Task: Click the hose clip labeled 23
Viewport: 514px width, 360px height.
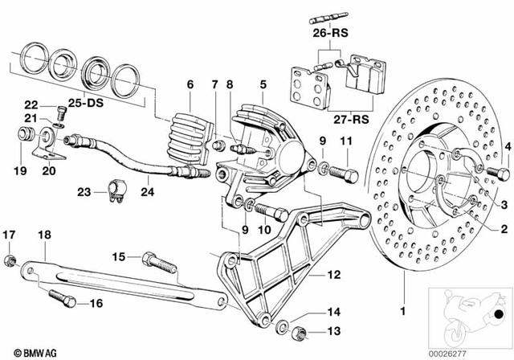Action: tap(112, 193)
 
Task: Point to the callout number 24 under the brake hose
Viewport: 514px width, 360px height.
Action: tap(146, 192)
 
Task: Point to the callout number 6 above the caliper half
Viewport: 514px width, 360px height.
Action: tap(190, 84)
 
